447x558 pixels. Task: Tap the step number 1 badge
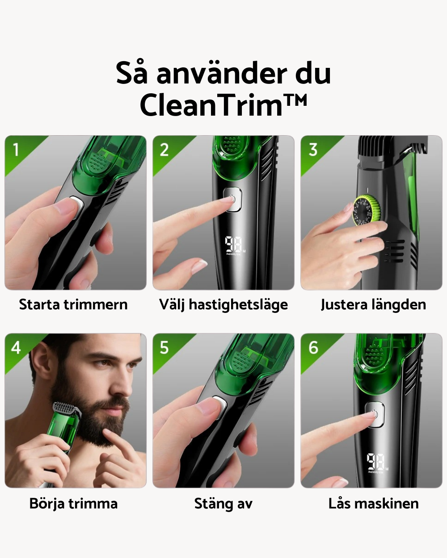pyautogui.click(x=16, y=150)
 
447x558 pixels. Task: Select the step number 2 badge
pyautogui.click(x=164, y=150)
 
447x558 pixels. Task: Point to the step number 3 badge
pyautogui.click(x=313, y=150)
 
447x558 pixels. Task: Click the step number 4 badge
pyautogui.click(x=16, y=347)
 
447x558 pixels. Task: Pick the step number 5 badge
pyautogui.click(x=164, y=347)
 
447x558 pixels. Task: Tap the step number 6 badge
pyautogui.click(x=313, y=347)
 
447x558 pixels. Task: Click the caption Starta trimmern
pyautogui.click(x=73, y=305)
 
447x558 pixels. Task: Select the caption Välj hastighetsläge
pyautogui.click(x=223, y=305)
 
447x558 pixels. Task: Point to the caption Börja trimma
pyautogui.click(x=73, y=504)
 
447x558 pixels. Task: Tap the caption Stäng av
pyautogui.click(x=223, y=504)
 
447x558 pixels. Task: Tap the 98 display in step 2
pyautogui.click(x=233, y=245)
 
